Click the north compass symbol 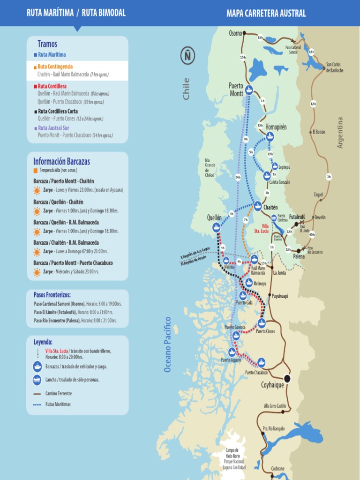click(187, 56)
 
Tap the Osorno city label click(235, 33)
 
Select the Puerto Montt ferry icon click(249, 91)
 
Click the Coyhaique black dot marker click(287, 378)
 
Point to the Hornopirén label click(276, 127)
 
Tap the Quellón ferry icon click(216, 227)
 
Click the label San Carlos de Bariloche click(335, 67)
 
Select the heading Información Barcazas click(61, 162)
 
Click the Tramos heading click(47, 44)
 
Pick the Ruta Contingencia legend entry click(55, 67)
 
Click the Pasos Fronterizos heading click(52, 295)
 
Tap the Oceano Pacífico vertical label click(168, 345)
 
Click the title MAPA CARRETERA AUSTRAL click(266, 13)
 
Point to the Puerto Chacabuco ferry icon click(261, 362)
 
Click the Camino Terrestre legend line click(37, 394)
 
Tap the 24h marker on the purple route click(238, 177)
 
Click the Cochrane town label click(278, 468)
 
